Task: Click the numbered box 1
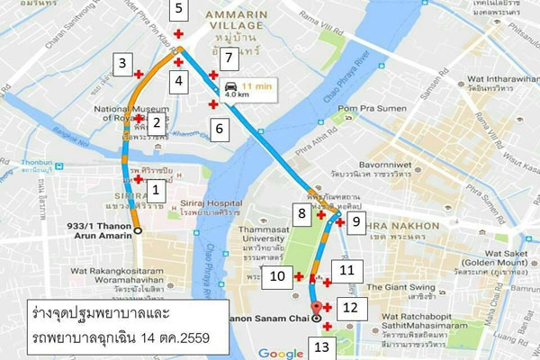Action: (156, 190)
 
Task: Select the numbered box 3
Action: (121, 63)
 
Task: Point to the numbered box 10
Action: (278, 275)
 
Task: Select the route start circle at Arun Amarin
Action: (138, 231)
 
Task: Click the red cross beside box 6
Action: (213, 105)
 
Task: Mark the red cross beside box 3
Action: (138, 74)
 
